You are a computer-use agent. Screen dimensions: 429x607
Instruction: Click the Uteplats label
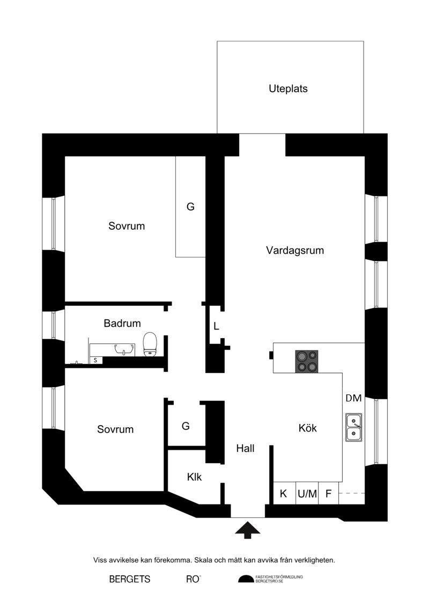(x=288, y=89)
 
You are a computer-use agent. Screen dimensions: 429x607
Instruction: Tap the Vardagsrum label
(x=295, y=251)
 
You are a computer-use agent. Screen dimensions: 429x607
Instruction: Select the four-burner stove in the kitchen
(x=307, y=362)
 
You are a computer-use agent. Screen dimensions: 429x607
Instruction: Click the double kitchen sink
(x=354, y=428)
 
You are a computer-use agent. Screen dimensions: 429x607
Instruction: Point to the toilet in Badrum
(x=150, y=344)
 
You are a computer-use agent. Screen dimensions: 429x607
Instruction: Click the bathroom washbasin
(x=123, y=349)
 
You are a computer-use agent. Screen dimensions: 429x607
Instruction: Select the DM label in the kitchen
(x=353, y=398)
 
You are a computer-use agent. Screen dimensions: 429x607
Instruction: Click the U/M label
(x=307, y=494)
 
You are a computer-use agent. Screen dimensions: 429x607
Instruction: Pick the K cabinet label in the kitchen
(x=283, y=494)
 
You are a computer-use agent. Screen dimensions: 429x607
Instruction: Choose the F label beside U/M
(x=328, y=494)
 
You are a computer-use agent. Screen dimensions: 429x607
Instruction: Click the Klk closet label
(x=194, y=477)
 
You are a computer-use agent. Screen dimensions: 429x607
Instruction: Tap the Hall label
(x=245, y=448)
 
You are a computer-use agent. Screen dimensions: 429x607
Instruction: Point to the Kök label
(x=307, y=428)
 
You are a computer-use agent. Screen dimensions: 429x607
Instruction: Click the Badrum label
(x=122, y=323)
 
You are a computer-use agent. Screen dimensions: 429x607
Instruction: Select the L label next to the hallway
(x=216, y=326)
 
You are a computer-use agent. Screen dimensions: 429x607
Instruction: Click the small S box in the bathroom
(x=95, y=360)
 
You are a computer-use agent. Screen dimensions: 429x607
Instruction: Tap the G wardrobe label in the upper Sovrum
(x=190, y=207)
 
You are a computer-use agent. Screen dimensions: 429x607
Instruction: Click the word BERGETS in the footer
(x=130, y=579)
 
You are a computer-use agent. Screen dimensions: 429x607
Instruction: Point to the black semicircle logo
(x=245, y=579)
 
